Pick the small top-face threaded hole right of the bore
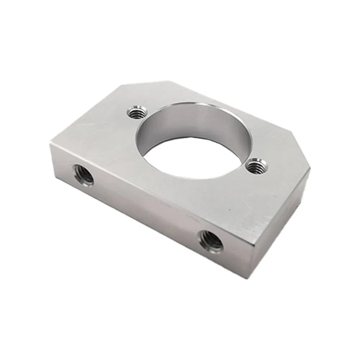click(x=257, y=166)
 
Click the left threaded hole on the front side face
click(x=83, y=174)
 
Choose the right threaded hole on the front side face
click(x=211, y=241)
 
